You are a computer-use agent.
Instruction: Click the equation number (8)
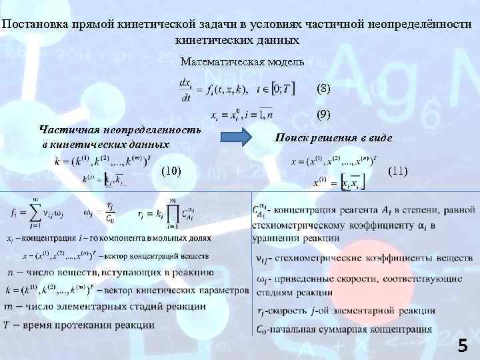[x=323, y=89]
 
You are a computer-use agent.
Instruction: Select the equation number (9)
[x=323, y=115]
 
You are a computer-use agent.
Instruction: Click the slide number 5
[x=463, y=345]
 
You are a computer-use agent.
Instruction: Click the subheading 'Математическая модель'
[x=242, y=62]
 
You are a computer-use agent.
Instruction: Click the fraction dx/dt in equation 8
[x=186, y=89]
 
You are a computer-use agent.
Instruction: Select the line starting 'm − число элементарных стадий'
[x=106, y=306]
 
